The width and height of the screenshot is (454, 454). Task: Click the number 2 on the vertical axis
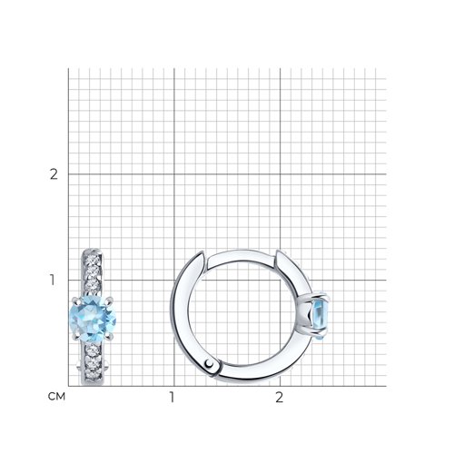click(54, 174)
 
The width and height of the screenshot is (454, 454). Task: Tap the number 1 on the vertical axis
click(53, 280)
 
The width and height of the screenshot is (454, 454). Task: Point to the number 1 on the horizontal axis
click(172, 397)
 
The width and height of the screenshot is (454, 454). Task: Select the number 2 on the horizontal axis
click(279, 397)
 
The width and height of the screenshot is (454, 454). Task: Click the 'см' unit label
click(56, 397)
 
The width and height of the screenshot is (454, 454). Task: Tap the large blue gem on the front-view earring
click(93, 319)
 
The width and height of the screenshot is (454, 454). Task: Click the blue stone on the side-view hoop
click(320, 319)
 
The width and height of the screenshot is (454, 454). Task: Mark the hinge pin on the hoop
click(209, 363)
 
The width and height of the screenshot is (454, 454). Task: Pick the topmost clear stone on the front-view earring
click(93, 260)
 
